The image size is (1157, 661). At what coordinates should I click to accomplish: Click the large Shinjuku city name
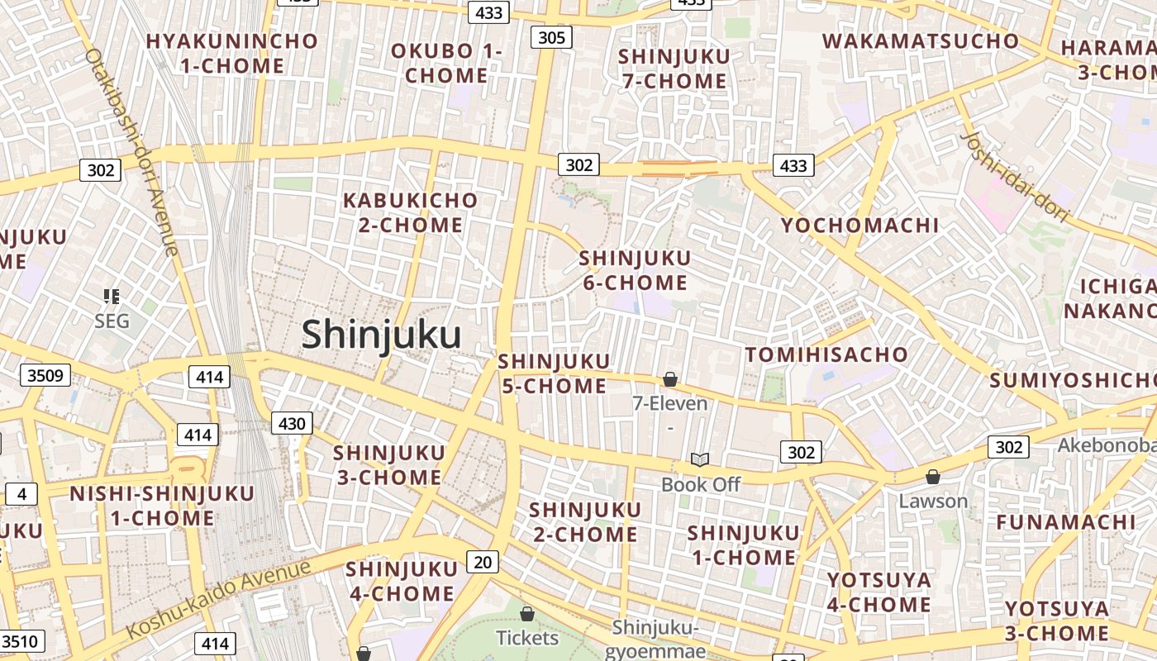pos(381,335)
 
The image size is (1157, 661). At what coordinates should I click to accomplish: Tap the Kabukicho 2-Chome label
pos(410,212)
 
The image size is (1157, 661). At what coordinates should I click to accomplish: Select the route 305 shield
pos(551,37)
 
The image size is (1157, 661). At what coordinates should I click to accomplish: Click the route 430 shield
pos(292,424)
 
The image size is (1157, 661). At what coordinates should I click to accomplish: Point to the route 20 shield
pos(483,563)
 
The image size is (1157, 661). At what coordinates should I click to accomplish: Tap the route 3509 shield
pos(45,376)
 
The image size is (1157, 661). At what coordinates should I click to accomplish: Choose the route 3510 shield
pos(22,641)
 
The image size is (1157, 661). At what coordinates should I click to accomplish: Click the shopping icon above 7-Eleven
pos(670,379)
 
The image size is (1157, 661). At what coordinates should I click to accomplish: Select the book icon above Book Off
pos(700,459)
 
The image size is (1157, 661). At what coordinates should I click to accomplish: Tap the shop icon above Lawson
pos(933,477)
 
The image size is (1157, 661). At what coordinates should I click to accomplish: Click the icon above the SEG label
pos(112,296)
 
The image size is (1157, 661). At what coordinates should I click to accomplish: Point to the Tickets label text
pos(527,638)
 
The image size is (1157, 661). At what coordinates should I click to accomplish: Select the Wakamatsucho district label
pos(920,40)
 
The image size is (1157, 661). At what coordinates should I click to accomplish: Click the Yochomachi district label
pos(859,225)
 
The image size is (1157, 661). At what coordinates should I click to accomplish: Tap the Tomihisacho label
pos(826,354)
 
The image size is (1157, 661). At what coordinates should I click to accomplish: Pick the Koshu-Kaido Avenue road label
pos(220,599)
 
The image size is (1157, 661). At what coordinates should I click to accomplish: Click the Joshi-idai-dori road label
pos(1016,175)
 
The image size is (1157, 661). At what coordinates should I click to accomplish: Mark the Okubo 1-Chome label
pos(446,63)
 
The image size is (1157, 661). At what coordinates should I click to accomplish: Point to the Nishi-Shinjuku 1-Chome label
pos(162,506)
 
